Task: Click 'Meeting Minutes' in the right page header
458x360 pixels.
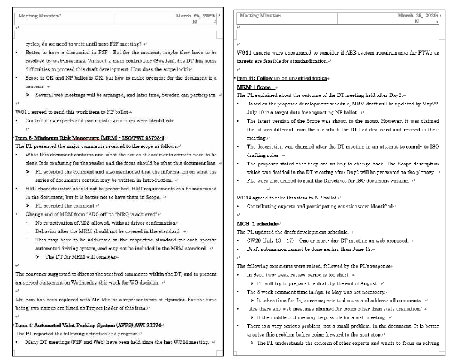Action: coord(258,16)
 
